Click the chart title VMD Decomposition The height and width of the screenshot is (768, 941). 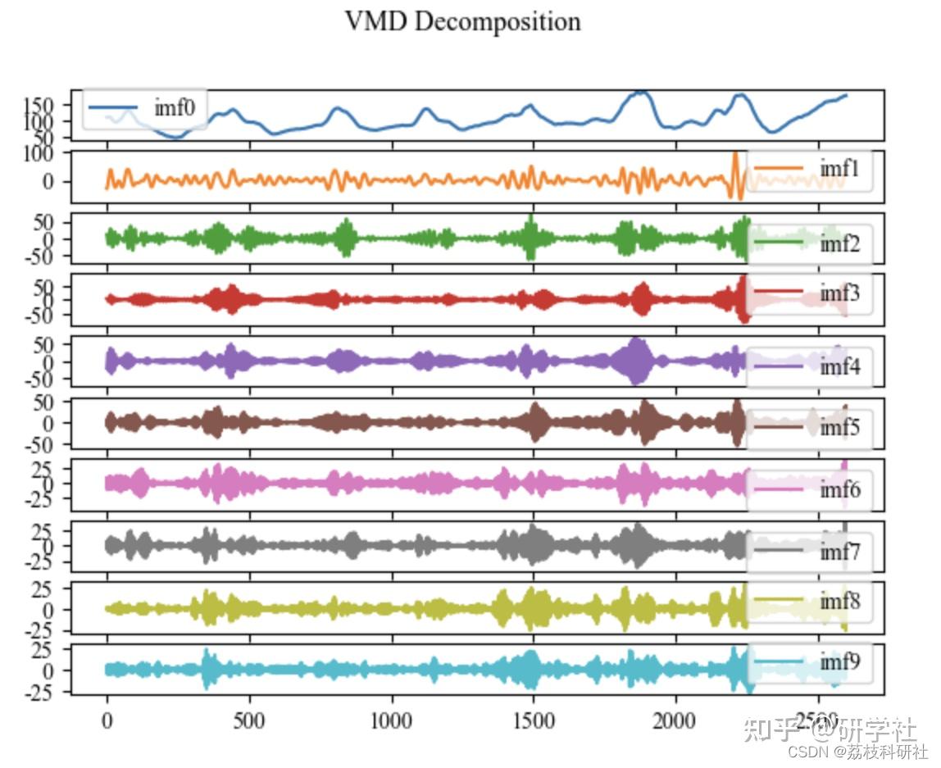(462, 21)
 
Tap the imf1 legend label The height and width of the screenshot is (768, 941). (839, 168)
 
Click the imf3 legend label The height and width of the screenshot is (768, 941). (839, 292)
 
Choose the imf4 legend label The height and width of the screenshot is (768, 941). (839, 366)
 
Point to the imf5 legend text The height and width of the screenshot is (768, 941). (839, 427)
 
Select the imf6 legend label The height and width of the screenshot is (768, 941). (839, 489)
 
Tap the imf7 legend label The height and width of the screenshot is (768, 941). (839, 551)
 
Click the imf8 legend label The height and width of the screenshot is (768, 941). (839, 601)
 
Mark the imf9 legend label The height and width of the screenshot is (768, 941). (839, 662)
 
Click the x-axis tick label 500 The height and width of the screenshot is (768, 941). (248, 720)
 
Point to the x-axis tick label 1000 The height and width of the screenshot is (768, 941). (391, 720)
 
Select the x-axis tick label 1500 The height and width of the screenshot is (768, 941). (534, 720)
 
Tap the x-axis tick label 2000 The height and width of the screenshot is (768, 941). (675, 720)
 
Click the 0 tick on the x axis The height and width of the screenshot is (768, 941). (107, 720)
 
